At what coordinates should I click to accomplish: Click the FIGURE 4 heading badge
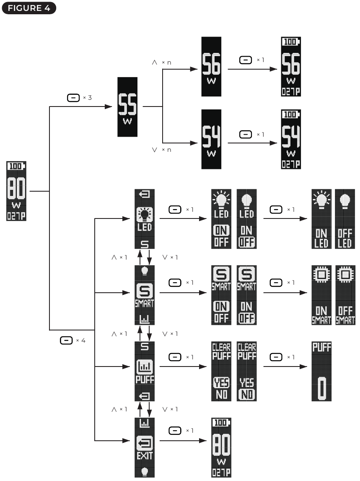point(28,8)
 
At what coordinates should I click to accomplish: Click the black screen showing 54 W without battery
point(211,139)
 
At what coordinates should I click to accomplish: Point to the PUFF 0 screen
point(321,371)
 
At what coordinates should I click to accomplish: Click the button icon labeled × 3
point(73,98)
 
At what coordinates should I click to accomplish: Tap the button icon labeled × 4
point(66,341)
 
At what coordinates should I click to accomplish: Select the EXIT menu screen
point(145,447)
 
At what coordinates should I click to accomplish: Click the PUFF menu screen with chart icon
point(145,371)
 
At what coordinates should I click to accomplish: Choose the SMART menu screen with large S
point(145,295)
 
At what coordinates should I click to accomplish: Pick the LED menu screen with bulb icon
point(145,218)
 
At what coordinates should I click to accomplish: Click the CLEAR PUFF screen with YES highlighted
point(222,371)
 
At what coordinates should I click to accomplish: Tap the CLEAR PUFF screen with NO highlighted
point(246,371)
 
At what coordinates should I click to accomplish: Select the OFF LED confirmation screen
point(345,218)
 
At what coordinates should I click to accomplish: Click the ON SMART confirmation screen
point(321,295)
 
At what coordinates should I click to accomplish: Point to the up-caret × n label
point(161,62)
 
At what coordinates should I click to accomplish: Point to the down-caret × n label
point(161,150)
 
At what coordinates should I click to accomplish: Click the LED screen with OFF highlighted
point(246,218)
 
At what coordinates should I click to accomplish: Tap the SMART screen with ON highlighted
point(222,295)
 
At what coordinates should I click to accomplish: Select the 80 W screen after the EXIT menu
point(222,447)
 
